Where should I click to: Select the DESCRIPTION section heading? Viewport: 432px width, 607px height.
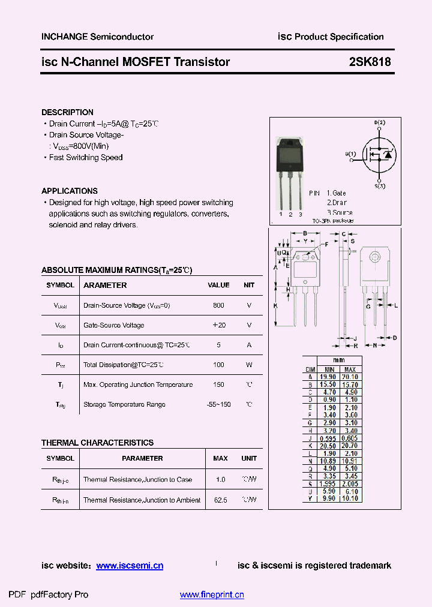67,112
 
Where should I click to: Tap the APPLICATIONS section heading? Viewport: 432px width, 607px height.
70,191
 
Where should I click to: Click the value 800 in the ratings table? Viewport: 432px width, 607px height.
218,305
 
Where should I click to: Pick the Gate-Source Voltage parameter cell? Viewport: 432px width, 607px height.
114,325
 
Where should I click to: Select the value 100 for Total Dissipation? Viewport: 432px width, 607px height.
218,365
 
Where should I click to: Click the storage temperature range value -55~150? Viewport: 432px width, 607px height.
218,404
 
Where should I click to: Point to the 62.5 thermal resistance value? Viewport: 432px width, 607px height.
220,500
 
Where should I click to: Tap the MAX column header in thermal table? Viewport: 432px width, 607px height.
220,458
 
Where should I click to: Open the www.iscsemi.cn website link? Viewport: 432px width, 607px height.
130,566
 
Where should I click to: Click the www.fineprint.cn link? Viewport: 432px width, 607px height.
212,595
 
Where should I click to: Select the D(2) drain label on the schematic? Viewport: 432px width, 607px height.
380,123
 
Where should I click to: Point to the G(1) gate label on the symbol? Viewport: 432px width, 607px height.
350,154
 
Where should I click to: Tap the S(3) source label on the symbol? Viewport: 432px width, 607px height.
380,186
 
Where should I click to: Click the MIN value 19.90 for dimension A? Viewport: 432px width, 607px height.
329,377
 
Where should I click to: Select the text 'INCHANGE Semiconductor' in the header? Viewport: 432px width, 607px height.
97,37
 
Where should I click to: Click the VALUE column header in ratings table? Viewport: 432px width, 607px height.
218,286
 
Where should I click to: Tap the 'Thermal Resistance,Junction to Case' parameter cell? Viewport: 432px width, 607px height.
137,480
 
